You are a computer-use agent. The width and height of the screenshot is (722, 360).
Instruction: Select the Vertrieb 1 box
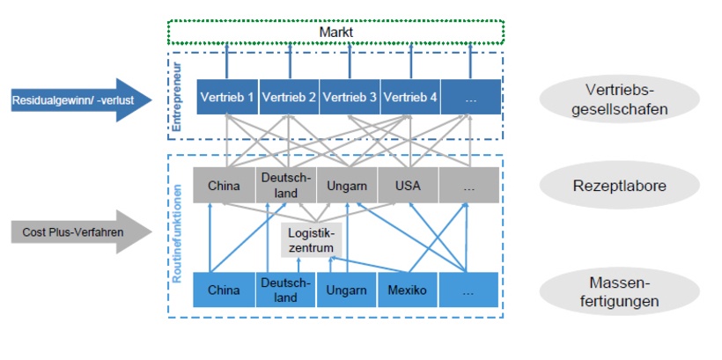(226, 97)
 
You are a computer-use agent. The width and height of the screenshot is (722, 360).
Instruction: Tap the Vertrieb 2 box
(287, 97)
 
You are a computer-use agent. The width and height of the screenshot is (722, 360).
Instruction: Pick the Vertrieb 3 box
(349, 97)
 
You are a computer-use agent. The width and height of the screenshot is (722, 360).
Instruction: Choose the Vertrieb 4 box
(409, 97)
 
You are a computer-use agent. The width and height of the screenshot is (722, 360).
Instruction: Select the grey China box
(224, 186)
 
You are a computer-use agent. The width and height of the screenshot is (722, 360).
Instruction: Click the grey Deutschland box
(285, 186)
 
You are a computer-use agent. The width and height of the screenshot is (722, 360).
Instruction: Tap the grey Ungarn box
(347, 186)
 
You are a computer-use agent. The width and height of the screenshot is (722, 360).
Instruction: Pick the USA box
(409, 186)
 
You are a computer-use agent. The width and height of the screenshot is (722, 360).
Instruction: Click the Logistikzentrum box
(312, 239)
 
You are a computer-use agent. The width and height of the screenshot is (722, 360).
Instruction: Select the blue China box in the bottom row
(224, 290)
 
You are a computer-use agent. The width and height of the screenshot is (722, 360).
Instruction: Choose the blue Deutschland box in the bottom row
(285, 290)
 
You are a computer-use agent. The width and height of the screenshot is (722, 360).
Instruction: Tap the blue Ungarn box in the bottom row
(347, 290)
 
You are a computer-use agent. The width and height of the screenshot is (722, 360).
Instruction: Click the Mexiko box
(409, 290)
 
